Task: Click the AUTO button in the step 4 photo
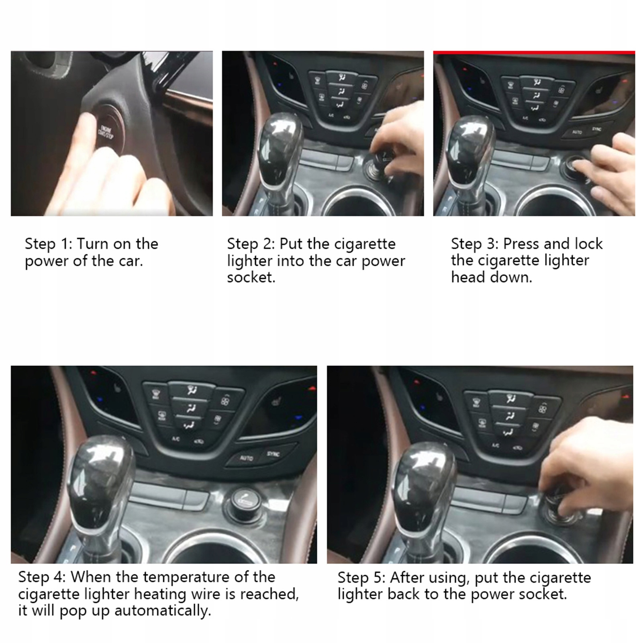tap(247, 458)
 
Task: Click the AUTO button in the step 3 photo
tap(578, 132)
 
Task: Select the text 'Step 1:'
tap(48, 244)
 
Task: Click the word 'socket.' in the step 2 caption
tap(251, 278)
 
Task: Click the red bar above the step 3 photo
tap(534, 52)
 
